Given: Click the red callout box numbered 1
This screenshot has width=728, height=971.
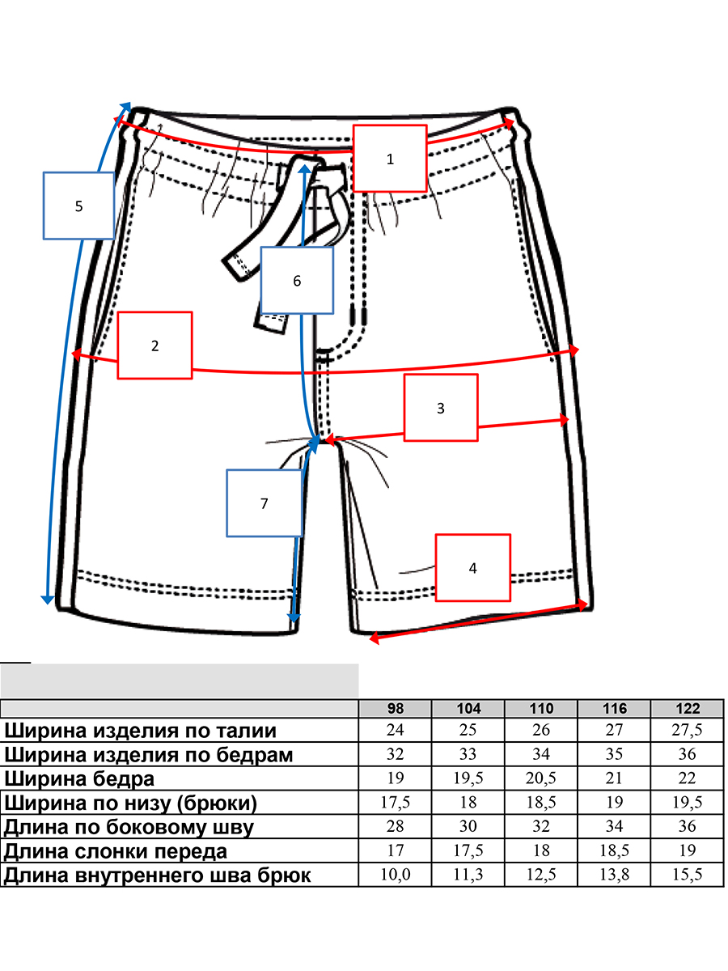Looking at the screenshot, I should [x=390, y=159].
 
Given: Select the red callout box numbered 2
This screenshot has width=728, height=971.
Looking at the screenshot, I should [x=155, y=346].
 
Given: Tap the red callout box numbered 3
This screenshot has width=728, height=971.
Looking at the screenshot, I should [x=441, y=409].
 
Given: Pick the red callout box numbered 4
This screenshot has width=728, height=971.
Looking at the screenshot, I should [x=473, y=568].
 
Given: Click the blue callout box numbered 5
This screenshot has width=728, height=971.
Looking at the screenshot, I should [x=78, y=206].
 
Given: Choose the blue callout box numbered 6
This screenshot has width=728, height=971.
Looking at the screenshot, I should [x=297, y=281].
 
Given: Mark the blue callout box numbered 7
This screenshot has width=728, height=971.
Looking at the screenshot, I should [x=265, y=503].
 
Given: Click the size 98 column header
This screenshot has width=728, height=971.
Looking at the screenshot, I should [x=396, y=708].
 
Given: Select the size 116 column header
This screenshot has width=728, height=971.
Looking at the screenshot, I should [x=615, y=708].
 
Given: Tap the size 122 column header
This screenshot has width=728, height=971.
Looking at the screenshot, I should [x=688, y=708].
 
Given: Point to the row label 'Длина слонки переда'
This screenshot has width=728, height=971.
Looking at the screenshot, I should [x=116, y=851].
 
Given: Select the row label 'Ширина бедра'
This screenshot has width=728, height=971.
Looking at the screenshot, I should [x=79, y=779].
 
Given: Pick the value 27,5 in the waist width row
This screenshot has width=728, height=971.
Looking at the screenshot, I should [x=688, y=731].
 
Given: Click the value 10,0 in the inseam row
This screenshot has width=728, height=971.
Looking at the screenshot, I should [x=396, y=876].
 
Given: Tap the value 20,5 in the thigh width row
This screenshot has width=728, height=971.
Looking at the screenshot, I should [x=541, y=779].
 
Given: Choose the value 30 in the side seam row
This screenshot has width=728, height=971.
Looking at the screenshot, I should [x=468, y=827].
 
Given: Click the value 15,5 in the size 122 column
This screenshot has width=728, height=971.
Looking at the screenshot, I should [x=688, y=876].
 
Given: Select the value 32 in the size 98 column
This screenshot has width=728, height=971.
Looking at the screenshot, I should [x=396, y=755].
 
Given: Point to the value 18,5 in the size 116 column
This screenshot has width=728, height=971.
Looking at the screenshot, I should [x=615, y=851].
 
